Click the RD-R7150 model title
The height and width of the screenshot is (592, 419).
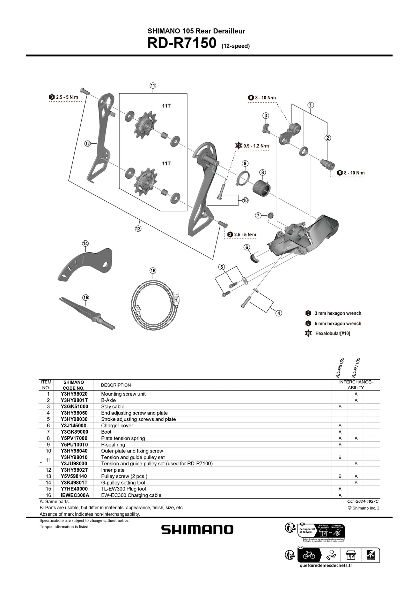(182, 44)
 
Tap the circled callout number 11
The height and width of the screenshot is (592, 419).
(153, 85)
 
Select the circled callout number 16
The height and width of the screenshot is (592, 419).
(153, 270)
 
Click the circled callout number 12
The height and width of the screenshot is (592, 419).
(88, 143)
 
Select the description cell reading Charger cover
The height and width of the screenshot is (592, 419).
(117, 426)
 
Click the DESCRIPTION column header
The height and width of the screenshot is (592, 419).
(116, 385)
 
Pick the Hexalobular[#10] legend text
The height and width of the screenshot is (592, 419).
(332, 334)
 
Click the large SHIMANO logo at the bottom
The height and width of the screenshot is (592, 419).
(197, 530)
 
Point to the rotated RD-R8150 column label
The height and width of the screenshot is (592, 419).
(340, 368)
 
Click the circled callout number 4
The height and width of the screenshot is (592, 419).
(279, 313)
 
